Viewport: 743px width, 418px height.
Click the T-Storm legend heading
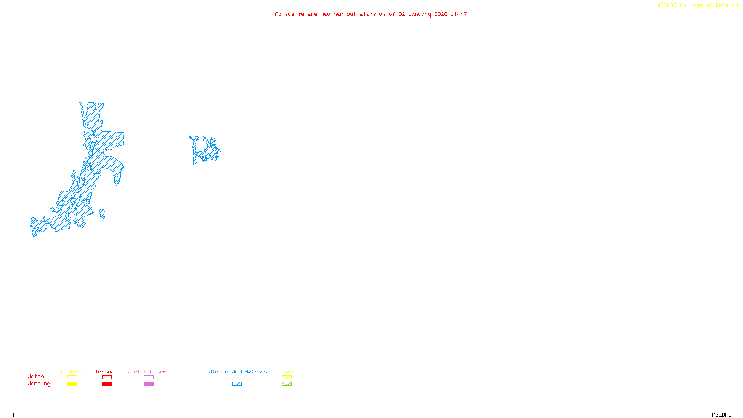point(72,372)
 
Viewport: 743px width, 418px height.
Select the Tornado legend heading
point(106,372)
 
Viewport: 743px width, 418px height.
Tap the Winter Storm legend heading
point(147,372)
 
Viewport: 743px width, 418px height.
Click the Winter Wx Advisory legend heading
point(238,372)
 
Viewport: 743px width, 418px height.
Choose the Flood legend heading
point(287,372)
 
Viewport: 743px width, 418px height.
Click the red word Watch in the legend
point(36,376)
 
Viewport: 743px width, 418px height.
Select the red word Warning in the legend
point(39,384)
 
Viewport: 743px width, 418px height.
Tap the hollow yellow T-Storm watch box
point(72,378)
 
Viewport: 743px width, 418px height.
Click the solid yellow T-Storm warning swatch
point(72,384)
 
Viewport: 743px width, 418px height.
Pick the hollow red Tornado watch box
point(107,378)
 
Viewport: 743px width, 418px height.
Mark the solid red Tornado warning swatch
point(107,384)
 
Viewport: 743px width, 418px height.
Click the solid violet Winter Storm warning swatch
point(149,384)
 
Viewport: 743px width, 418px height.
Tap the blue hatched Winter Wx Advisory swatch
point(237,384)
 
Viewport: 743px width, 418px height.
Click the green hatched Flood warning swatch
point(287,384)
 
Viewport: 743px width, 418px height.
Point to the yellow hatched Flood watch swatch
point(287,378)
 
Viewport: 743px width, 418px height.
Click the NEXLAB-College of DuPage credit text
point(698,6)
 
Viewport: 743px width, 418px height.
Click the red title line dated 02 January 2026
point(371,14)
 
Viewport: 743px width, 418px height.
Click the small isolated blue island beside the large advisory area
point(103,214)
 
